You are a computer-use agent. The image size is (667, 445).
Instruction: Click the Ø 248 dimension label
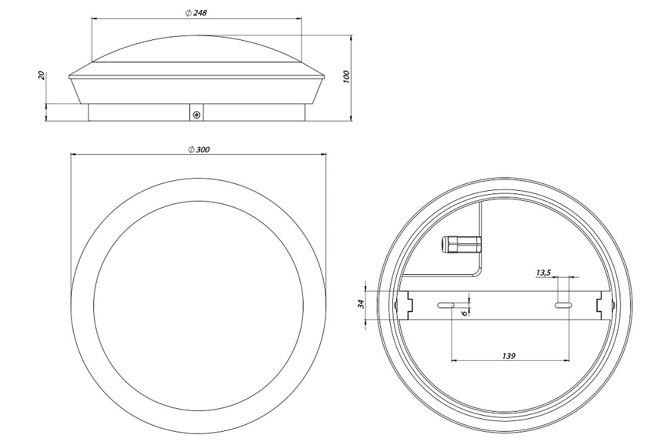[196, 13]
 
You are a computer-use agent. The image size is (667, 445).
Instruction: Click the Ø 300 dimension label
[199, 149]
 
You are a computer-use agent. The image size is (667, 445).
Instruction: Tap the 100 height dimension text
[346, 77]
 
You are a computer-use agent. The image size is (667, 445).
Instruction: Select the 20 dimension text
[41, 75]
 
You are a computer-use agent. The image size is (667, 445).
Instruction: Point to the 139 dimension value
[509, 355]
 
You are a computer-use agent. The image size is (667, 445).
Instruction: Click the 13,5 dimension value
[543, 273]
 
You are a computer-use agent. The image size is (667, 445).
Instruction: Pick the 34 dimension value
[361, 304]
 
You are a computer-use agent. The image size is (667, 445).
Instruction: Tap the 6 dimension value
[464, 313]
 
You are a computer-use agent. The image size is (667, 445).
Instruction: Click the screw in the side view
[196, 115]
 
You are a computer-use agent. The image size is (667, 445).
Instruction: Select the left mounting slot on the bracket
[446, 305]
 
